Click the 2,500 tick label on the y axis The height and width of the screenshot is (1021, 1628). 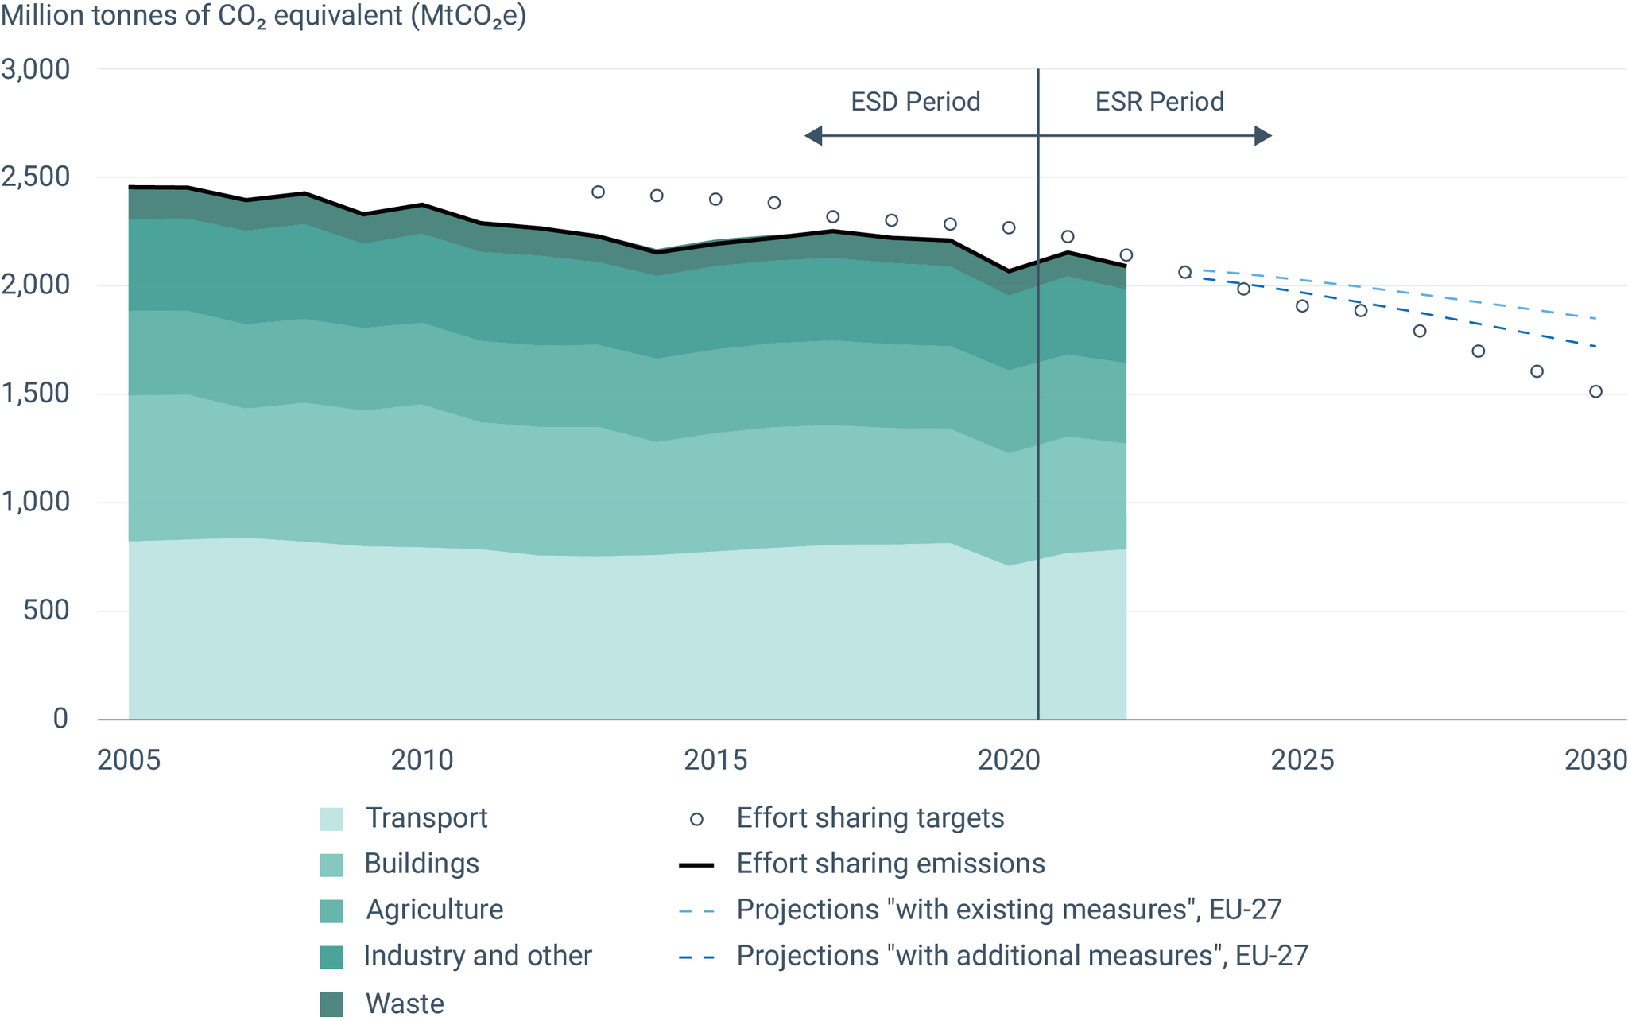point(36,177)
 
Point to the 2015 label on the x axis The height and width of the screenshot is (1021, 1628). point(715,760)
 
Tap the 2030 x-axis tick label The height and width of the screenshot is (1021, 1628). point(1595,760)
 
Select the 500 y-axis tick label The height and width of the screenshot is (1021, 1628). point(47,611)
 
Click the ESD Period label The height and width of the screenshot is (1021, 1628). point(916,102)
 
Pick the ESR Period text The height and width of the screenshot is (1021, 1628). point(1160,102)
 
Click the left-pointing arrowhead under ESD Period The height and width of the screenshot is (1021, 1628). point(813,136)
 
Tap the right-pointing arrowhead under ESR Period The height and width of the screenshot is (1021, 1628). point(1263,136)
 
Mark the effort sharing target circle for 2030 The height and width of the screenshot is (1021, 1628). point(1595,391)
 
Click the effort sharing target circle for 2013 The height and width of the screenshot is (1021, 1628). point(599,192)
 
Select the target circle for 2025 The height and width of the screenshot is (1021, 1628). point(1302,306)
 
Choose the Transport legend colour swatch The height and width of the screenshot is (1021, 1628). point(331,819)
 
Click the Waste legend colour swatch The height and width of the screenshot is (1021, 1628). point(331,1004)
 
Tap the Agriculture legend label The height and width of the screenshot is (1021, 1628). point(434,910)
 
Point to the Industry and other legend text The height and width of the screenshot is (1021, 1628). point(478,956)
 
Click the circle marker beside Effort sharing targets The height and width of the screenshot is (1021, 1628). point(696,819)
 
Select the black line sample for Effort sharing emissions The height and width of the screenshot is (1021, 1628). point(696,865)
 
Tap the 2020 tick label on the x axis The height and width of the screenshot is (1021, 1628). point(1009,760)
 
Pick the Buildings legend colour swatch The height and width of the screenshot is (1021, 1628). point(331,865)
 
